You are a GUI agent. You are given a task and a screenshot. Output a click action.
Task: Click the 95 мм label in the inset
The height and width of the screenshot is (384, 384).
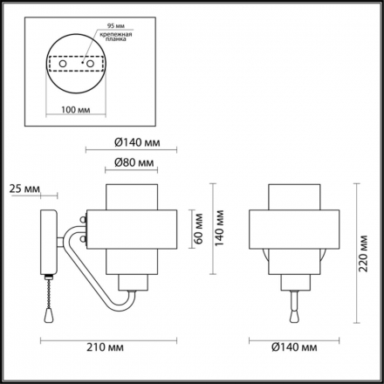click(x=116, y=26)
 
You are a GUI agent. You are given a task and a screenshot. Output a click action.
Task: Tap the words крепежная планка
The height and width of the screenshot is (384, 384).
click(x=116, y=37)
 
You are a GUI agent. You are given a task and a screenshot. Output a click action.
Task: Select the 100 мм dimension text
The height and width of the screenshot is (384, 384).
click(x=76, y=110)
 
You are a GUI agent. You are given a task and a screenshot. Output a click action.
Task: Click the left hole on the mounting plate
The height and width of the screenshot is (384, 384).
click(x=63, y=64)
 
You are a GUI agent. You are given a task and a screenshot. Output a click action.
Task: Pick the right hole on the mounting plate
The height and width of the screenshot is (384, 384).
click(x=90, y=64)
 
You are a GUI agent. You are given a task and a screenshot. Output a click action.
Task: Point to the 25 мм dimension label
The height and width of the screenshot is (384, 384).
click(x=24, y=189)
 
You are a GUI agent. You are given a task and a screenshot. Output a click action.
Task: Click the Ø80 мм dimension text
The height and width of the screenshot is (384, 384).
click(x=134, y=162)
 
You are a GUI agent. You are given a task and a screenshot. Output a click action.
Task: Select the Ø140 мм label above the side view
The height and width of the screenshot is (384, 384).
click(x=137, y=142)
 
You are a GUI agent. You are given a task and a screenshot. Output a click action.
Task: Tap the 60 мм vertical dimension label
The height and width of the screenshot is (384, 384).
click(x=199, y=229)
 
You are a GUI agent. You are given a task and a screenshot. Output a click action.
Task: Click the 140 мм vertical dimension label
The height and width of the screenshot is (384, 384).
click(x=219, y=228)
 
